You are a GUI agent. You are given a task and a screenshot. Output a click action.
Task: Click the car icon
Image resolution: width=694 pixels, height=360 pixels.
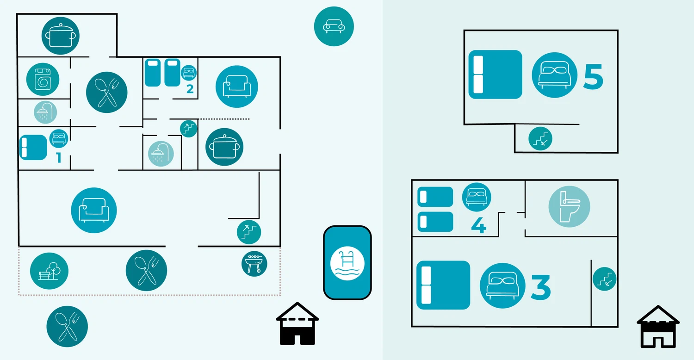pos(334,26)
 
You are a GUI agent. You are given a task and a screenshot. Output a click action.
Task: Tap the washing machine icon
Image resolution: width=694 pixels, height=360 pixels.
pos(43,79)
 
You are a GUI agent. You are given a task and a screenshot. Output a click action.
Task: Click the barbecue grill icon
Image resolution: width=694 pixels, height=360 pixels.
pos(254,263)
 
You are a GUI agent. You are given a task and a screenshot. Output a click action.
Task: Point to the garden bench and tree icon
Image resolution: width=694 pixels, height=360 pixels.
pos(49,272)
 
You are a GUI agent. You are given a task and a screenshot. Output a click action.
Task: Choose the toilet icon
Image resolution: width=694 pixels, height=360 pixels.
pos(569,207)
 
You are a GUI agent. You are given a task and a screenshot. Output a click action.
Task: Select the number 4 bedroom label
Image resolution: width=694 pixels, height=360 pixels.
pos(478,225)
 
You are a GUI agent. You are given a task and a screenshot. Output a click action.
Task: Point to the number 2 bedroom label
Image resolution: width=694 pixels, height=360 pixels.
pos(190,89)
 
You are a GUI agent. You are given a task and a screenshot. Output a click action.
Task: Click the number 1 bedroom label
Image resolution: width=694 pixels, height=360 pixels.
pos(59,158)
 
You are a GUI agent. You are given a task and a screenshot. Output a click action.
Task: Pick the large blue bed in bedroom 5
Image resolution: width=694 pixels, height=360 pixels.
pos(495,74)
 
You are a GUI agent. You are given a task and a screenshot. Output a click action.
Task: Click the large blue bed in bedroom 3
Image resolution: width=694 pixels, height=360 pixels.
pos(443,285)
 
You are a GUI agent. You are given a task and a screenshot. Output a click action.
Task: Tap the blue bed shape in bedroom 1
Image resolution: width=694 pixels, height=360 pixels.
pos(33,147)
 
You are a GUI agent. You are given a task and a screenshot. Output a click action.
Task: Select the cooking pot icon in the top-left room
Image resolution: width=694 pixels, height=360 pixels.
pos(61,35)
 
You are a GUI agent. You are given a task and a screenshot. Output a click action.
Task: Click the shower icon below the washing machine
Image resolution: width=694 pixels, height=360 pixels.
pos(45,112)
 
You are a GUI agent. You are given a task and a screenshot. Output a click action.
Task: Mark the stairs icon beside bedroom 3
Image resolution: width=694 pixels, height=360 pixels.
pos(604,279)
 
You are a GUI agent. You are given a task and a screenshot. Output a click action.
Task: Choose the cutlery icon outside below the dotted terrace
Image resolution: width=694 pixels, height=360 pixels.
pos(67,326)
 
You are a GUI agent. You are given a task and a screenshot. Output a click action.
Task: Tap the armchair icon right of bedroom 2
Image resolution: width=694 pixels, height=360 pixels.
pos(236,87)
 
